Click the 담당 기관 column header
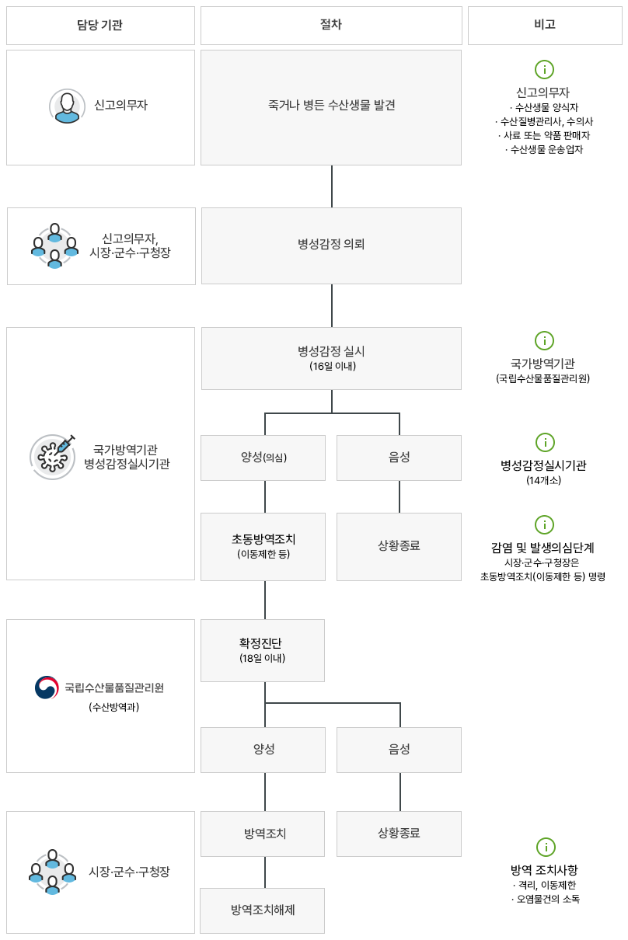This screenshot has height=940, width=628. point(100,25)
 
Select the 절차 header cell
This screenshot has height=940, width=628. point(330,25)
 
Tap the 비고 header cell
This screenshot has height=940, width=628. point(545,25)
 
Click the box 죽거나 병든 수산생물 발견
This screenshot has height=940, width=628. point(330,106)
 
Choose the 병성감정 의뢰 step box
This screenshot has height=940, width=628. point(331,245)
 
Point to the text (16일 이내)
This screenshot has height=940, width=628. point(332,366)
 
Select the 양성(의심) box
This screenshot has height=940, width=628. point(263,458)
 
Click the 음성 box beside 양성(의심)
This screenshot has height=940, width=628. point(399,458)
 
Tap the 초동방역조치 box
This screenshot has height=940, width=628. point(263,546)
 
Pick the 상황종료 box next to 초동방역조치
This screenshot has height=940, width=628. point(399,546)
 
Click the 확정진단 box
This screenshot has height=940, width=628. point(262,649)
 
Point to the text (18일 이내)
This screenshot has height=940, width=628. point(262,659)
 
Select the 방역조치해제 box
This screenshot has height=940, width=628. point(262,910)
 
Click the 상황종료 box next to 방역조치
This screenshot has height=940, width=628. point(399,834)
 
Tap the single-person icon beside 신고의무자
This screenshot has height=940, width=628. point(67,106)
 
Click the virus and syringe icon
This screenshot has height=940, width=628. point(53,456)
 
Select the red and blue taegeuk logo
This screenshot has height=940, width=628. point(47,688)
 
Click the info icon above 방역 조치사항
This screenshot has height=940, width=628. point(545,847)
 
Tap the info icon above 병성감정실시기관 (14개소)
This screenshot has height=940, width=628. point(545,442)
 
